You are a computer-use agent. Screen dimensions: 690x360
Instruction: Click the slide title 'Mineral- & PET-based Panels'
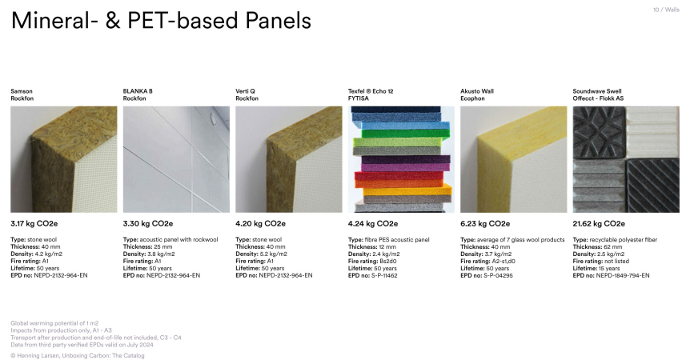point(161,21)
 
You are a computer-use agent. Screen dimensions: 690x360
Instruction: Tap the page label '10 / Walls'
point(666,10)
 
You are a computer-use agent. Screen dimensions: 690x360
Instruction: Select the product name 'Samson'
point(22,91)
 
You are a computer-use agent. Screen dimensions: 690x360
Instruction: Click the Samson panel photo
point(64,159)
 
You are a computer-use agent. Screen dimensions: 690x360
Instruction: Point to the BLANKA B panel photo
point(176,159)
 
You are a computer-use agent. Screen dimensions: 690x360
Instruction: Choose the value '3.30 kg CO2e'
point(148,224)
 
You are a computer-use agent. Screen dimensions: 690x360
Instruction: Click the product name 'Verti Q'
point(245,91)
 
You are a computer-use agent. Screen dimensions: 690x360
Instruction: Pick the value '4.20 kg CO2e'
point(260,224)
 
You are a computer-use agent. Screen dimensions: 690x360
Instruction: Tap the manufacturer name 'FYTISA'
point(358,98)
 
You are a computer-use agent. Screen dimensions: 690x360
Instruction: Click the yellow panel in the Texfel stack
point(407,190)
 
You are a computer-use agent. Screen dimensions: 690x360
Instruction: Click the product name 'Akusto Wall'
point(477,91)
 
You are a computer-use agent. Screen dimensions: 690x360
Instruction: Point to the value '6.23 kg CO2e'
point(485,224)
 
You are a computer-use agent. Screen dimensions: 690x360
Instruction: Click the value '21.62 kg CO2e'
point(599,224)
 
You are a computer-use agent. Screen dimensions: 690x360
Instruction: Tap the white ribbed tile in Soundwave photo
point(652,132)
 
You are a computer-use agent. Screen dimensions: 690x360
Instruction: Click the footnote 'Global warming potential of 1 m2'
point(54,323)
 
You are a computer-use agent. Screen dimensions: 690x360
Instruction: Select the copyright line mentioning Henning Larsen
point(78,356)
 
